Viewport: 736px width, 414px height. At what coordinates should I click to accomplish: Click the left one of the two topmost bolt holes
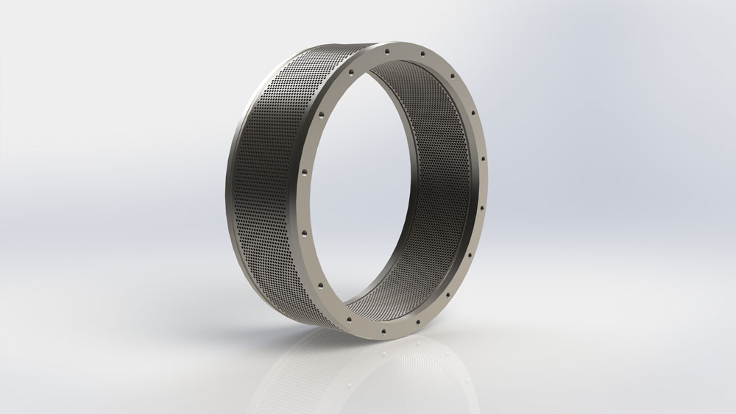click(x=386, y=49)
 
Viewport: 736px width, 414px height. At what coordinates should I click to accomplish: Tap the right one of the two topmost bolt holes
click(x=423, y=54)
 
